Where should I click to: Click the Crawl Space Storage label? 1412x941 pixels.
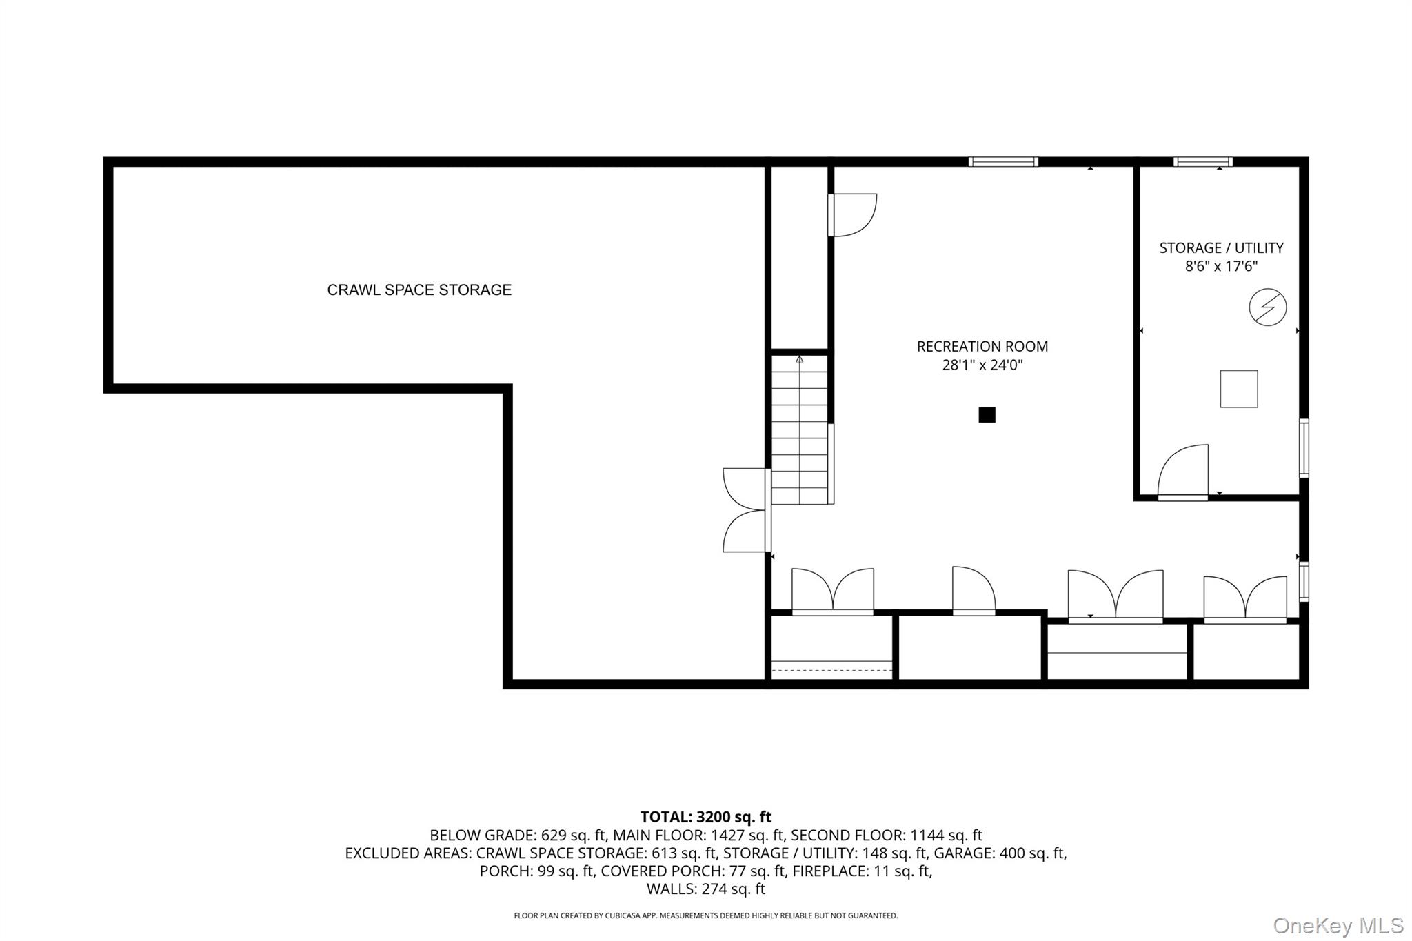pyautogui.click(x=419, y=290)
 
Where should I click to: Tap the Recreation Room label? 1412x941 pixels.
pyautogui.click(x=982, y=347)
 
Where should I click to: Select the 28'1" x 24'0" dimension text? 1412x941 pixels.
pyautogui.click(x=982, y=365)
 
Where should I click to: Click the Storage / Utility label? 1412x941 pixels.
pyautogui.click(x=1221, y=248)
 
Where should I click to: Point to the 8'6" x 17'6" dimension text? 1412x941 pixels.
pyautogui.click(x=1221, y=267)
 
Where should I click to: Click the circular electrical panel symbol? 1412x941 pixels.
pyautogui.click(x=1267, y=307)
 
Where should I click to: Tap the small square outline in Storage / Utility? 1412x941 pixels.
pyautogui.click(x=1238, y=389)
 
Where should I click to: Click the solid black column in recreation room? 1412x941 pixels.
pyautogui.click(x=987, y=415)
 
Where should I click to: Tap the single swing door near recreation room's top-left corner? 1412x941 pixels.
pyautogui.click(x=852, y=215)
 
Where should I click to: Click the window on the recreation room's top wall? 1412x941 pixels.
pyautogui.click(x=1002, y=162)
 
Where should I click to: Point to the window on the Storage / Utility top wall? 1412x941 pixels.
pyautogui.click(x=1202, y=162)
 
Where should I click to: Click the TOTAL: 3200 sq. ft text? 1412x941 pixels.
pyautogui.click(x=705, y=818)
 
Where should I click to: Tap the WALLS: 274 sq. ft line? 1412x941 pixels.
pyautogui.click(x=705, y=889)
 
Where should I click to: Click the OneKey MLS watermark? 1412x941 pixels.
pyautogui.click(x=1338, y=925)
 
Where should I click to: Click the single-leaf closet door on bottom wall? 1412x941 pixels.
pyautogui.click(x=974, y=591)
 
